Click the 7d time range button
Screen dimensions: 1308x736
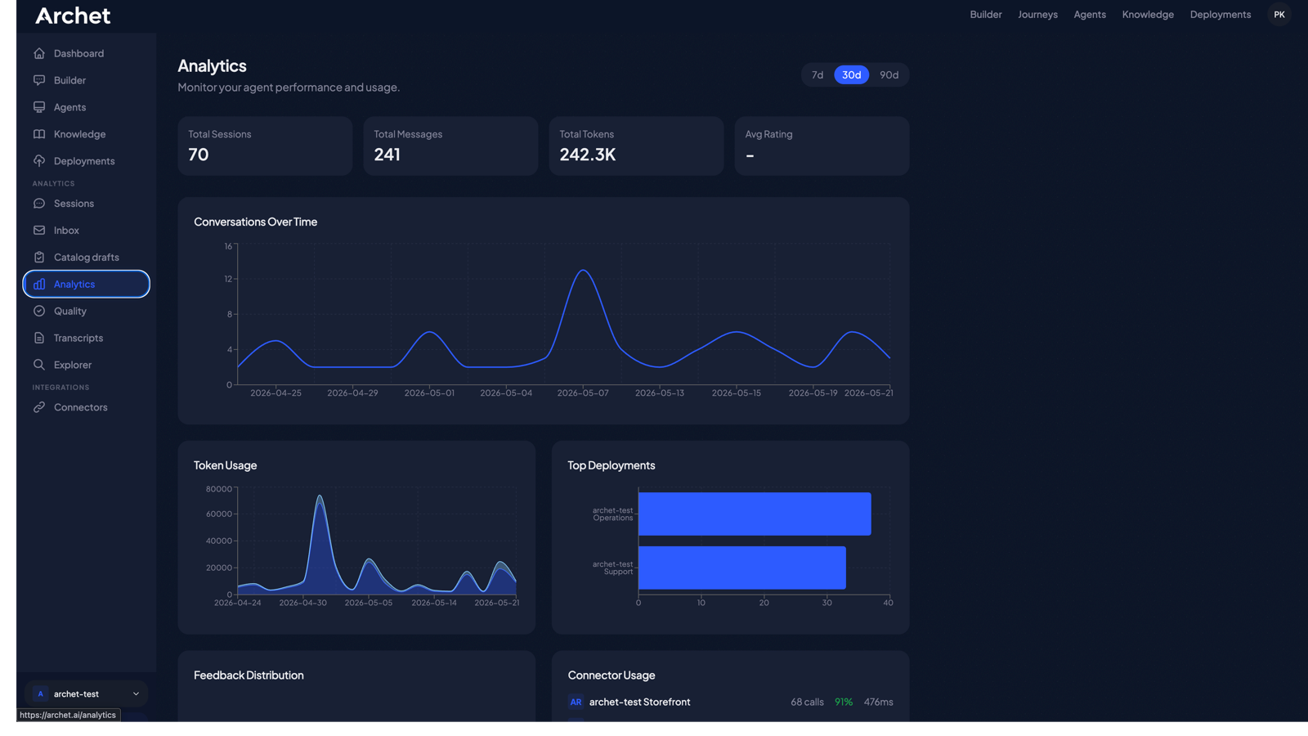pos(817,74)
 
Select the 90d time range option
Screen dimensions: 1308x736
pos(889,74)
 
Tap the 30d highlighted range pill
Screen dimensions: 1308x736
pos(851,74)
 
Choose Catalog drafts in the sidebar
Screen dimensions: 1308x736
pos(86,257)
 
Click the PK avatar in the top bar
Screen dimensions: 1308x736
pos(1279,15)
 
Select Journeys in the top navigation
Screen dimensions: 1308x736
pos(1037,15)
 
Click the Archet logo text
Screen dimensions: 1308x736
pos(73,16)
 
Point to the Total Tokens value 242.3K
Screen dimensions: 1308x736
pos(588,155)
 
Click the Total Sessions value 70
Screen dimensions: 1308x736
pos(198,155)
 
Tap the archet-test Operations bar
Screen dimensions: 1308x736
pos(755,514)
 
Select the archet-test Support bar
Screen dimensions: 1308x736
pos(741,568)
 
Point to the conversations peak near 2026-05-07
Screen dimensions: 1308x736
pos(583,271)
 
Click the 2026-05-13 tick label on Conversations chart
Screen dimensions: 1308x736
pos(659,393)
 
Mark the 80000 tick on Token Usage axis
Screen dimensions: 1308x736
pos(219,489)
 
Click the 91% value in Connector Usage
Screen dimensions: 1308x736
pos(843,702)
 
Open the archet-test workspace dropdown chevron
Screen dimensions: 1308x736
pos(136,694)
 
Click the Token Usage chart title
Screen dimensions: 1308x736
pos(226,465)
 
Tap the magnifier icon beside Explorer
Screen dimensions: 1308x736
pos(39,365)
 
